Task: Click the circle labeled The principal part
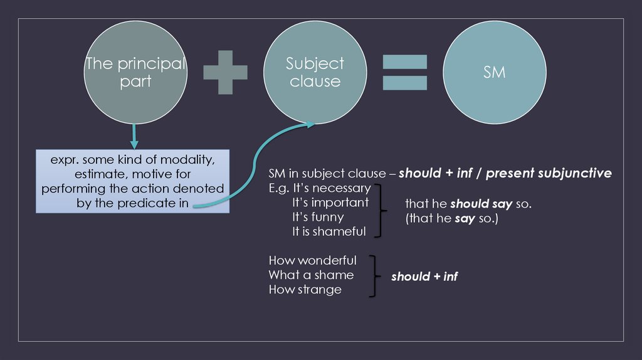pyautogui.click(x=135, y=73)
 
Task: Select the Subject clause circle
pyautogui.click(x=315, y=73)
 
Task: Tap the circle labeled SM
pyautogui.click(x=494, y=73)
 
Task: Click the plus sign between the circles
pyautogui.click(x=225, y=71)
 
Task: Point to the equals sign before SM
pyautogui.click(x=404, y=71)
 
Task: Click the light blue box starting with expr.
pyautogui.click(x=133, y=181)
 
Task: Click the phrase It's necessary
pyautogui.click(x=331, y=188)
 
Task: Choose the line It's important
pyautogui.click(x=330, y=203)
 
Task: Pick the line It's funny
pyautogui.click(x=318, y=217)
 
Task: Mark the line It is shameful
pyautogui.click(x=329, y=231)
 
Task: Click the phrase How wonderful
pyautogui.click(x=312, y=260)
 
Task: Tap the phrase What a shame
pyautogui.click(x=311, y=275)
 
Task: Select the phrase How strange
pyautogui.click(x=305, y=289)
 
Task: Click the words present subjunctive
pyautogui.click(x=549, y=173)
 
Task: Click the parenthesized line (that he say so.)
pyautogui.click(x=451, y=220)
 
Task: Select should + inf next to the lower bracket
pyautogui.click(x=424, y=276)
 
